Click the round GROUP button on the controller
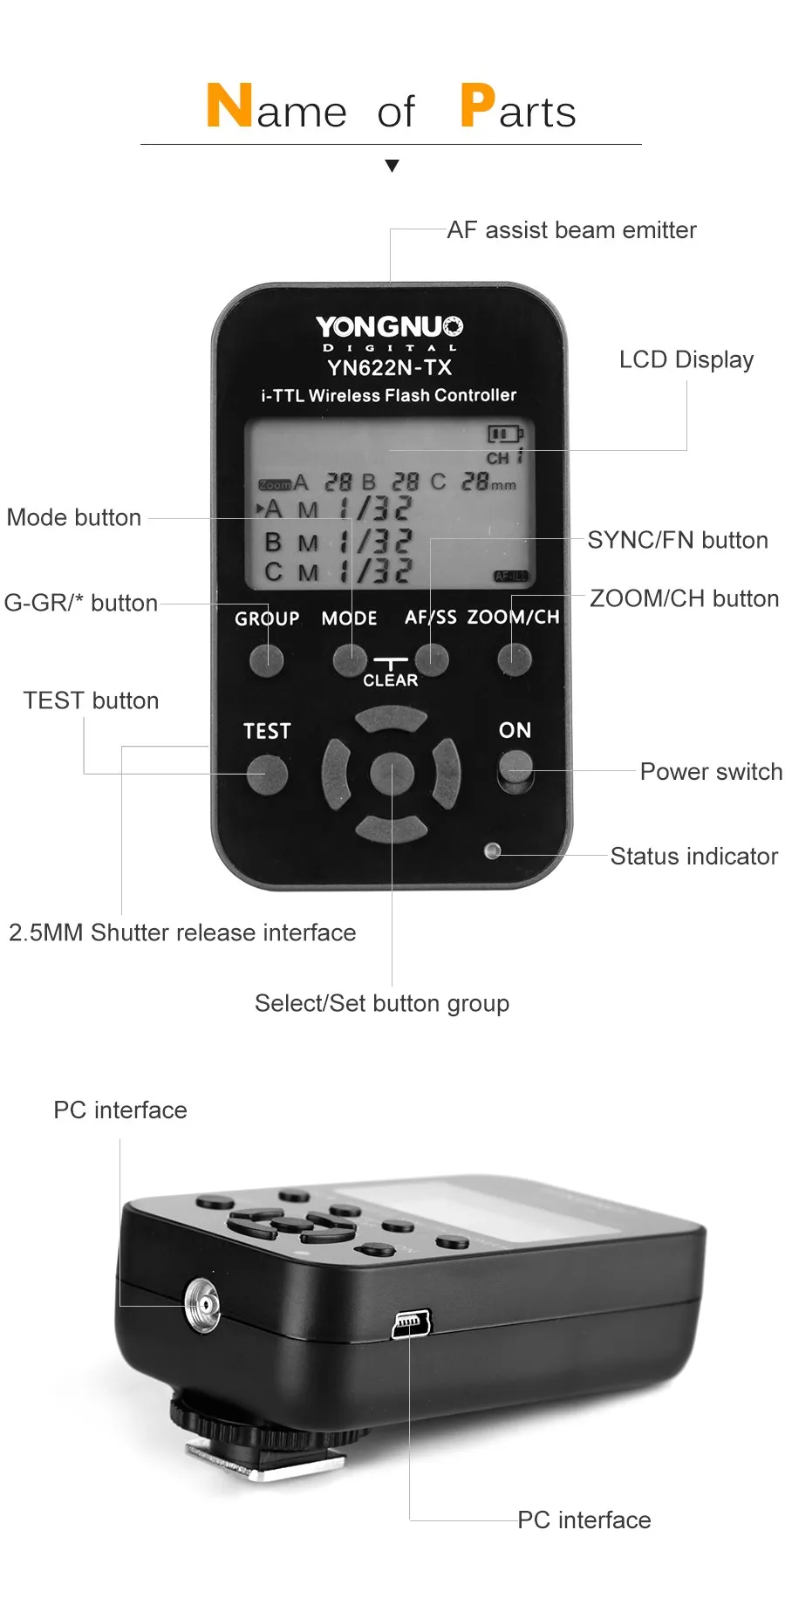click(266, 660)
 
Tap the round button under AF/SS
click(431, 659)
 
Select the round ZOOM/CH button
click(514, 659)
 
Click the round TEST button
click(267, 774)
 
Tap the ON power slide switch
click(515, 770)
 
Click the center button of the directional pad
click(391, 774)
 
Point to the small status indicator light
click(493, 850)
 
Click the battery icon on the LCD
click(503, 434)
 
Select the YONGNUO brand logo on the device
click(389, 327)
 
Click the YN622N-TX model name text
click(389, 367)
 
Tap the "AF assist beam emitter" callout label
click(571, 230)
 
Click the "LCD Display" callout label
click(686, 359)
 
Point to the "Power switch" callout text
click(710, 772)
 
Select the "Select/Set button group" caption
click(382, 1003)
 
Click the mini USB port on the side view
click(411, 1324)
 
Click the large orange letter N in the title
click(229, 106)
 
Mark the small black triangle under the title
click(392, 166)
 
